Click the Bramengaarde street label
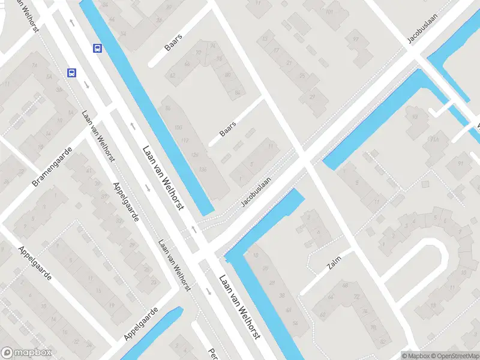pyautogui.click(x=52, y=166)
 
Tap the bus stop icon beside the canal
pyautogui.click(x=97, y=48)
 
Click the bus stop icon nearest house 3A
pyautogui.click(x=71, y=73)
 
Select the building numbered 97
pyautogui.click(x=356, y=40)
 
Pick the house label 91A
pyautogui.click(x=432, y=140)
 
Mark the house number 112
pyautogui.click(x=185, y=141)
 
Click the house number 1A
pyautogui.click(x=241, y=179)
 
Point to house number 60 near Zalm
pyautogui.click(x=323, y=314)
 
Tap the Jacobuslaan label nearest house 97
pyautogui.click(x=422, y=28)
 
